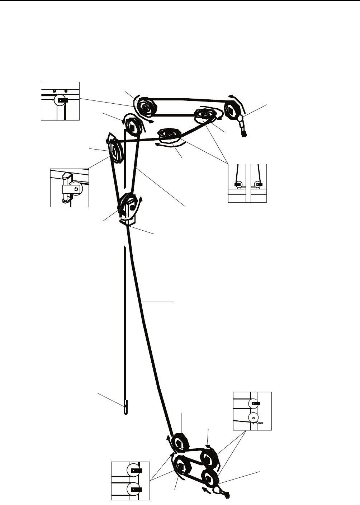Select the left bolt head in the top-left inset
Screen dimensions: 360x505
[54, 91]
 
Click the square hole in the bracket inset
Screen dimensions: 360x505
[76, 188]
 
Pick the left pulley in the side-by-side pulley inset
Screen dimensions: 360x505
[239, 184]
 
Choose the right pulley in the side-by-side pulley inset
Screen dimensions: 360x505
[257, 184]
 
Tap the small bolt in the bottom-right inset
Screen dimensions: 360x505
[261, 423]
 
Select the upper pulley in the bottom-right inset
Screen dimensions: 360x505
[253, 403]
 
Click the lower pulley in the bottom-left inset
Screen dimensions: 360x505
[133, 488]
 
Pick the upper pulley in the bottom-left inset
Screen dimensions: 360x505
[133, 471]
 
